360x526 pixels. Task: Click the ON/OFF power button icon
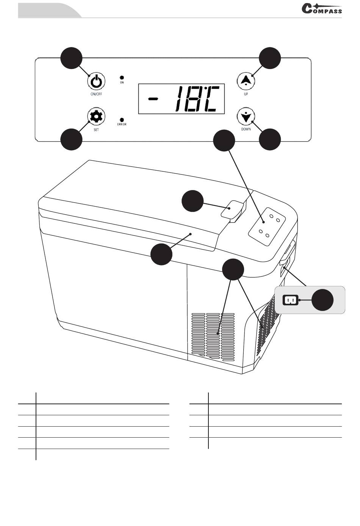pos(96,82)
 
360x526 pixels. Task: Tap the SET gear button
pos(96,116)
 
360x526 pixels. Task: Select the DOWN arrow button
pos(246,116)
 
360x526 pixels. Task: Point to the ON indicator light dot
pos(122,77)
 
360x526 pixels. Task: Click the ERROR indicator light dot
pos(122,119)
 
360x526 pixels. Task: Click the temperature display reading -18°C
pos(181,99)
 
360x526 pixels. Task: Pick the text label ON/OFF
pos(96,94)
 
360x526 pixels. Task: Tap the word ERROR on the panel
pos(122,124)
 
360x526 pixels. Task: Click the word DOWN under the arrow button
pos(246,129)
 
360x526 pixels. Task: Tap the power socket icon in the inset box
pos(291,300)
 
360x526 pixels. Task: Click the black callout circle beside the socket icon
pos(322,300)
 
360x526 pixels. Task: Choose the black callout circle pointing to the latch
pos(193,201)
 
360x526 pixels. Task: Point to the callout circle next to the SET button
pos(72,139)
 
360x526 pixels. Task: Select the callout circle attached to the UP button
pos(270,58)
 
